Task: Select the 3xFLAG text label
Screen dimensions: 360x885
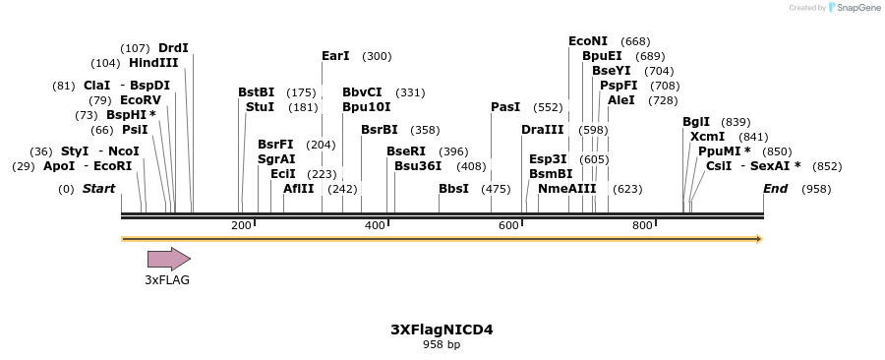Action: click(x=167, y=280)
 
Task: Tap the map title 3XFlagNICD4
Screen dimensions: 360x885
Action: click(x=442, y=330)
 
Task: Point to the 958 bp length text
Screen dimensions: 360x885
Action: click(x=442, y=345)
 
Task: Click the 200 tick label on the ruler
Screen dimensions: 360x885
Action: click(x=241, y=226)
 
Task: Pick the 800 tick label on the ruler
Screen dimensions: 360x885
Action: click(x=642, y=226)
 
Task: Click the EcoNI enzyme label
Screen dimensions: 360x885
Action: click(x=588, y=41)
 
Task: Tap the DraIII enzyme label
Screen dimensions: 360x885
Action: click(x=543, y=130)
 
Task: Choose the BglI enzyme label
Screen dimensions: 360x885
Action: click(x=696, y=122)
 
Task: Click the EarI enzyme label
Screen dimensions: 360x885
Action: click(x=335, y=56)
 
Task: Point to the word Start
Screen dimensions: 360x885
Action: click(x=98, y=189)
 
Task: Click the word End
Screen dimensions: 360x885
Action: click(x=776, y=189)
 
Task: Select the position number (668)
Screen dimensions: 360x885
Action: click(x=636, y=41)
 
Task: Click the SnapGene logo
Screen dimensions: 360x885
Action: click(x=855, y=8)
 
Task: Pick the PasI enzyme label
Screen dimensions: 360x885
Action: click(x=505, y=107)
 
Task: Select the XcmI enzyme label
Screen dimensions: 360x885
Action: click(x=708, y=137)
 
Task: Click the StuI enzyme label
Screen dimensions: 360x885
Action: click(x=260, y=107)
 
